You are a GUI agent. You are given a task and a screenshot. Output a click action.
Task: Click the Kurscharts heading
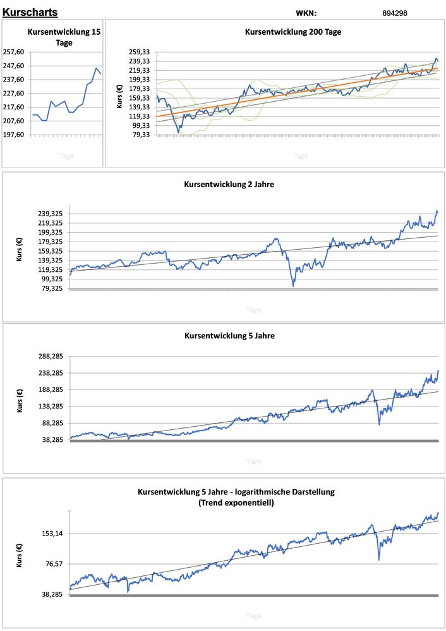(30, 12)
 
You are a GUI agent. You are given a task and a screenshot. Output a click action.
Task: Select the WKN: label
(306, 13)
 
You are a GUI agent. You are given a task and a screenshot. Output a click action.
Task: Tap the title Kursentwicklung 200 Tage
(293, 32)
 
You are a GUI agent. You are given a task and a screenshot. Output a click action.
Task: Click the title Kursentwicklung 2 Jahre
(229, 185)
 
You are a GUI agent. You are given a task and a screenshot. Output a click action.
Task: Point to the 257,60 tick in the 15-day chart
(14, 52)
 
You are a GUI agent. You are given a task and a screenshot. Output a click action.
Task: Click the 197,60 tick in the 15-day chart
(14, 135)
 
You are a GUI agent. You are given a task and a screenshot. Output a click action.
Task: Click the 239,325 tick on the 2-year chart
(49, 214)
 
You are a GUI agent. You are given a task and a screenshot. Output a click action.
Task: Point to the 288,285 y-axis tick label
(49, 356)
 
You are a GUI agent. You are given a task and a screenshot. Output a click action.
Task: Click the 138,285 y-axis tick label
(49, 407)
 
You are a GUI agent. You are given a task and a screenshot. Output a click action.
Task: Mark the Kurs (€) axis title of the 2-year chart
(20, 251)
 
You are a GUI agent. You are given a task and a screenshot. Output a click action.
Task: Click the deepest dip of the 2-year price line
(293, 286)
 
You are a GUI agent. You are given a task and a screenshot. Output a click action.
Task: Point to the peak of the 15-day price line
(97, 68)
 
